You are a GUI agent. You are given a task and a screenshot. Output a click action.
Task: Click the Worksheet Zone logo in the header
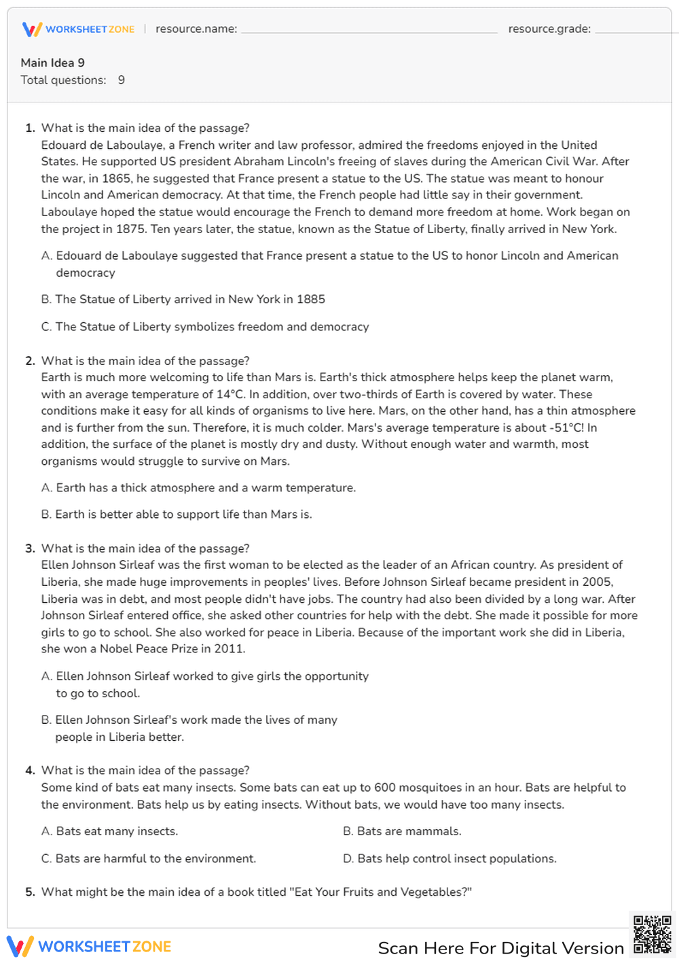pos(78,29)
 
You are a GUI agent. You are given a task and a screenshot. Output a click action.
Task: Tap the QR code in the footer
pos(652,934)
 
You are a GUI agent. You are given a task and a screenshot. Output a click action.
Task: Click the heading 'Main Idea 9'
pos(53,63)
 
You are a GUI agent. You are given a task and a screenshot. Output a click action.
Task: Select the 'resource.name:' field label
pos(196,29)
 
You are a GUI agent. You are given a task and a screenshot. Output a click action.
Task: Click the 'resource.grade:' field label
pos(549,29)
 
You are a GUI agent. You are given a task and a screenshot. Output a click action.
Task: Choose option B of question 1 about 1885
pos(183,299)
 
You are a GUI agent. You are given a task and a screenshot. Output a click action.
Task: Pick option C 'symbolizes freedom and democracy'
pos(205,327)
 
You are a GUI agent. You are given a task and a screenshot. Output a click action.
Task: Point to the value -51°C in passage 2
pos(566,427)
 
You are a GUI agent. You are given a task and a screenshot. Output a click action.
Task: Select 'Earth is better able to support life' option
pos(177,514)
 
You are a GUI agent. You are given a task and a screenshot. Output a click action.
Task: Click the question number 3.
pos(30,548)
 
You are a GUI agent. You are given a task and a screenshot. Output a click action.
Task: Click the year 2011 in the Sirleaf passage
pos(227,649)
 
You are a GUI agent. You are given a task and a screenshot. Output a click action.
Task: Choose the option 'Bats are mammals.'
pos(402,831)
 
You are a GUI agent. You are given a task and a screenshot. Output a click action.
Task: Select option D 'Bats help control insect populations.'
pos(449,858)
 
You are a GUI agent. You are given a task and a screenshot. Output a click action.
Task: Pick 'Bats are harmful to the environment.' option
pos(149,858)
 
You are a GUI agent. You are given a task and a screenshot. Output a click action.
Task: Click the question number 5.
pos(30,892)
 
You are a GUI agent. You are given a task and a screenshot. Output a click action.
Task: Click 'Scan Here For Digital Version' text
pos(500,948)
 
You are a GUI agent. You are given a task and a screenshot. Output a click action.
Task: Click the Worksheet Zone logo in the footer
pos(89,947)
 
